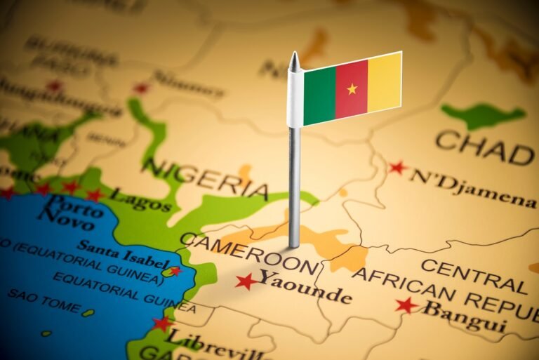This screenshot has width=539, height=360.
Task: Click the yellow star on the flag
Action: [352, 88]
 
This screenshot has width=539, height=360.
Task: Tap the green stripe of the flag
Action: [320, 94]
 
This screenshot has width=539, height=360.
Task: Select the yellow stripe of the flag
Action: [385, 83]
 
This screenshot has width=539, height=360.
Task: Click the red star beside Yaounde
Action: [246, 281]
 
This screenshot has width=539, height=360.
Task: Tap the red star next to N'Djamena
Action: [397, 168]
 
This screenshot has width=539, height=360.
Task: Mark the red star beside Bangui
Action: [406, 305]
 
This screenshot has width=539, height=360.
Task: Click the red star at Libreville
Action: [162, 324]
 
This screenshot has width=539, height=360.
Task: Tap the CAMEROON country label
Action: [249, 253]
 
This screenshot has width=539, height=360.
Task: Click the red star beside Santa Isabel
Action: [174, 270]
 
